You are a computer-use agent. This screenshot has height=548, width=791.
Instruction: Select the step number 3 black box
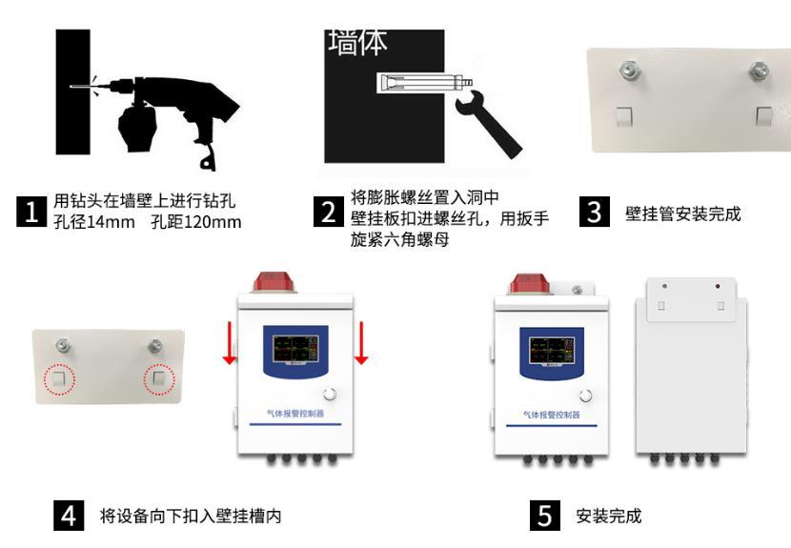coord(596,213)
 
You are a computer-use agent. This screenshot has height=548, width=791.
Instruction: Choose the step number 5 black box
coord(544,517)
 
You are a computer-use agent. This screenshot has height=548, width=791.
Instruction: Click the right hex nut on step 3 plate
coord(759,70)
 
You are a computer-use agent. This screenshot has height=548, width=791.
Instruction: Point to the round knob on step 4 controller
coord(330,395)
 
